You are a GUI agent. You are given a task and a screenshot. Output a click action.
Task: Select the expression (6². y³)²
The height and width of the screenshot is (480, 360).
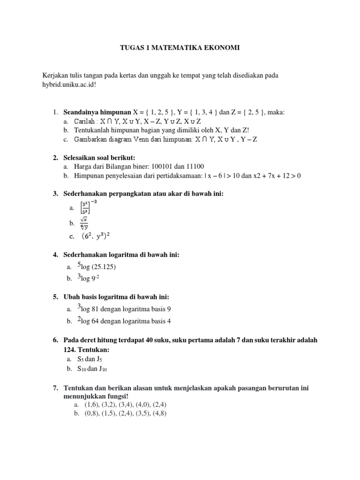(98, 237)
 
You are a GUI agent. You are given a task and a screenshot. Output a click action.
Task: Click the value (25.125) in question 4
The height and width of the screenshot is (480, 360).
(104, 267)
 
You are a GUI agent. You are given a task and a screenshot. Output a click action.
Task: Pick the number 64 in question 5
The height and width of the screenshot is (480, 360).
(99, 321)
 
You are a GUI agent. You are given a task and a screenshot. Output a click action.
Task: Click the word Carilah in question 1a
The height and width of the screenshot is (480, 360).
(85, 121)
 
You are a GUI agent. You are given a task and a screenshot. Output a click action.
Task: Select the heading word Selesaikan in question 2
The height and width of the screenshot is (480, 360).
(80, 157)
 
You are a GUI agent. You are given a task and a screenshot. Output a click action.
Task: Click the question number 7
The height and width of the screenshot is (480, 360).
(55, 389)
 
